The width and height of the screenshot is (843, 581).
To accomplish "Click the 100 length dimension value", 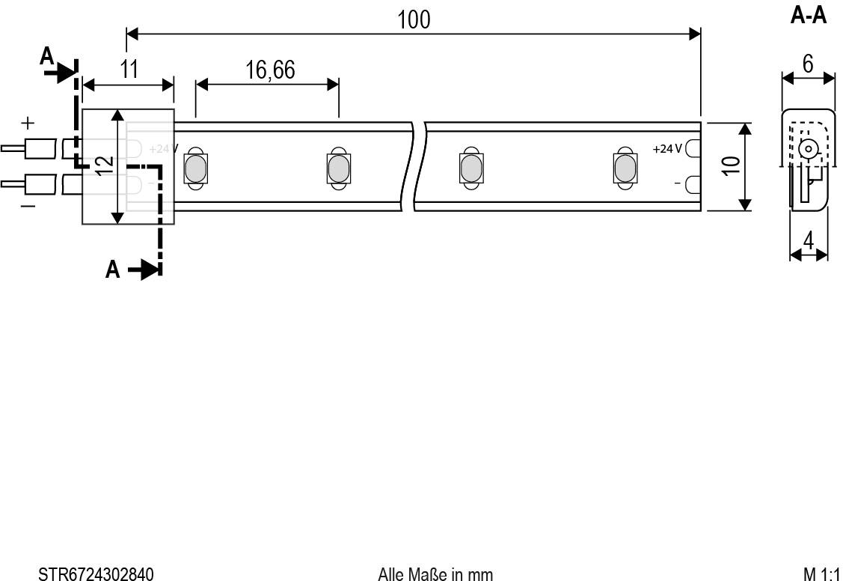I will pos(414,19).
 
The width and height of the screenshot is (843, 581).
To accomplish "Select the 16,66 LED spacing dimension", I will pos(269,70).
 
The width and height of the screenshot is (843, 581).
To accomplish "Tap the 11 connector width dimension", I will pos(129,70).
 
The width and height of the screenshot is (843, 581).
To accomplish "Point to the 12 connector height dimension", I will pos(105,166).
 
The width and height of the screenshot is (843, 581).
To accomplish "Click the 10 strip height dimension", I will pos(732,166).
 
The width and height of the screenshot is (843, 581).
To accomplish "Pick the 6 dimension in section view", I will pos(808,64).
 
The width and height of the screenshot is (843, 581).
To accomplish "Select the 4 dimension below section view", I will pos(809,241).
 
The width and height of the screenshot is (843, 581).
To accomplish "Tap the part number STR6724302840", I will pos(96,574).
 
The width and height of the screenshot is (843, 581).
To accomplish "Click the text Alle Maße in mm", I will pos(435,574).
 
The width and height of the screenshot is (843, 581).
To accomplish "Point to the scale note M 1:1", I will pos(821,574).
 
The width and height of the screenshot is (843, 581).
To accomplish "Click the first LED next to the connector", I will pos(195,168).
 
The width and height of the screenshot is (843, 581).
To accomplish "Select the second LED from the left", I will pos(337,168).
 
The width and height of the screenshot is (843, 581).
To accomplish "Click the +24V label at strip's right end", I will pos(667,149).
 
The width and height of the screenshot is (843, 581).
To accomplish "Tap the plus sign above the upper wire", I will pos(27,122).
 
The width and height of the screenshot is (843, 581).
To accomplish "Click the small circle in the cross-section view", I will pos(808,149).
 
